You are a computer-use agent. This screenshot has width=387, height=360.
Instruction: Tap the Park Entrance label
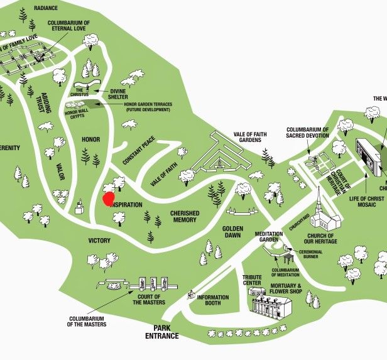pyautogui.click(x=163, y=332)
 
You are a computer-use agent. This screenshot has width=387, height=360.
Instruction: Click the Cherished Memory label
pyautogui.click(x=185, y=217)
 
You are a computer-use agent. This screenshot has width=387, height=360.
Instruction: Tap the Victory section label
pyautogui.click(x=99, y=241)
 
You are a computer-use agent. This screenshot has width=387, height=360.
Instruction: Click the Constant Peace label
pyautogui.click(x=139, y=151)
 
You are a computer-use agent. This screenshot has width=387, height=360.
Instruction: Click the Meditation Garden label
pyautogui.click(x=269, y=237)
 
